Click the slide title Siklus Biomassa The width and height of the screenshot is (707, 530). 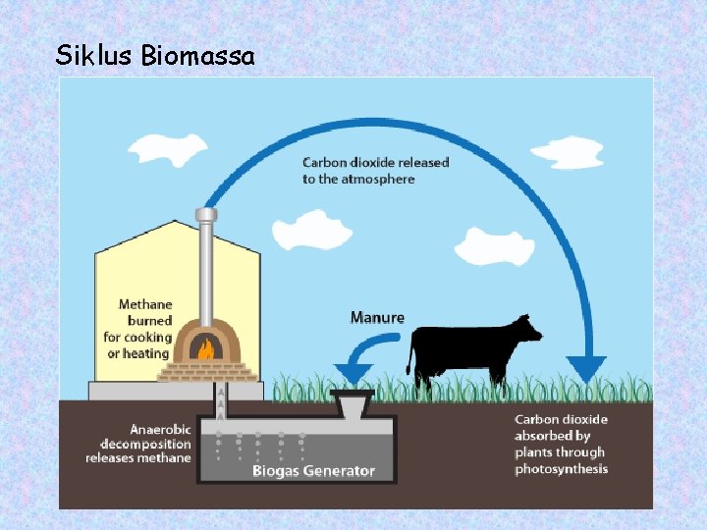coord(155,56)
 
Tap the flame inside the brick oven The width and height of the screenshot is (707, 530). coord(205,348)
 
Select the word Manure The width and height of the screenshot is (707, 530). coord(377,317)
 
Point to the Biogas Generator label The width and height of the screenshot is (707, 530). coord(313,471)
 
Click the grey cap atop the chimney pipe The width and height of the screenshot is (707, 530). coord(205,215)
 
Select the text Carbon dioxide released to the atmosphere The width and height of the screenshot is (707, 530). coord(374,171)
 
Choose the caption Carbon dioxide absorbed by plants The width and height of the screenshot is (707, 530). coord(561,444)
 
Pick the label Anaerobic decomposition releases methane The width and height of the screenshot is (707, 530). coord(138,444)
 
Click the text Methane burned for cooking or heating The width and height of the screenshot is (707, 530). coord(138,329)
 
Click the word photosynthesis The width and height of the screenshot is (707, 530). coord(561,469)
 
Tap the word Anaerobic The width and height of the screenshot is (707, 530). coord(162,429)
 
